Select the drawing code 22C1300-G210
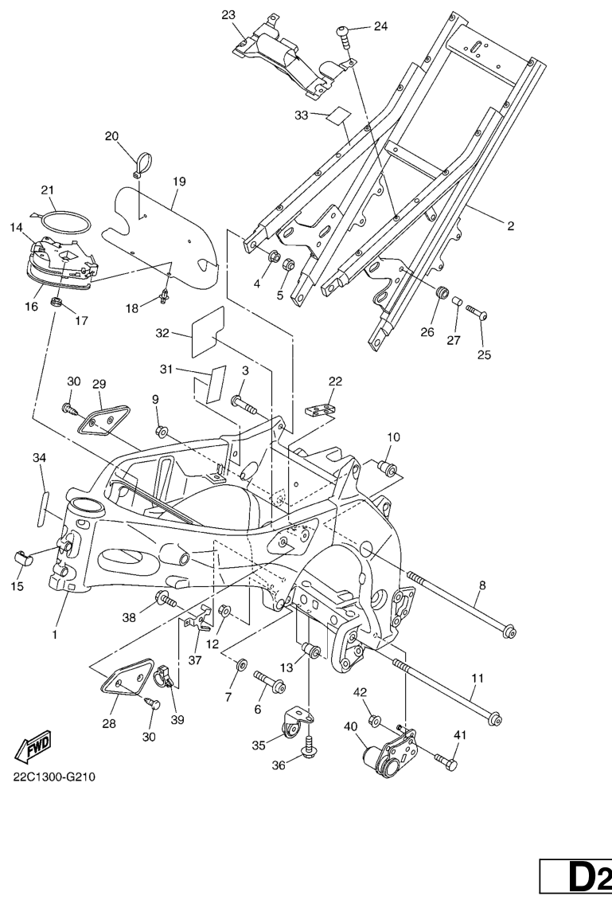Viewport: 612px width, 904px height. click(x=54, y=777)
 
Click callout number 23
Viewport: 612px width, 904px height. click(x=228, y=15)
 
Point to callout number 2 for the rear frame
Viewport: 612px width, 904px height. click(x=510, y=226)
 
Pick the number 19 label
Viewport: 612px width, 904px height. click(x=178, y=182)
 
